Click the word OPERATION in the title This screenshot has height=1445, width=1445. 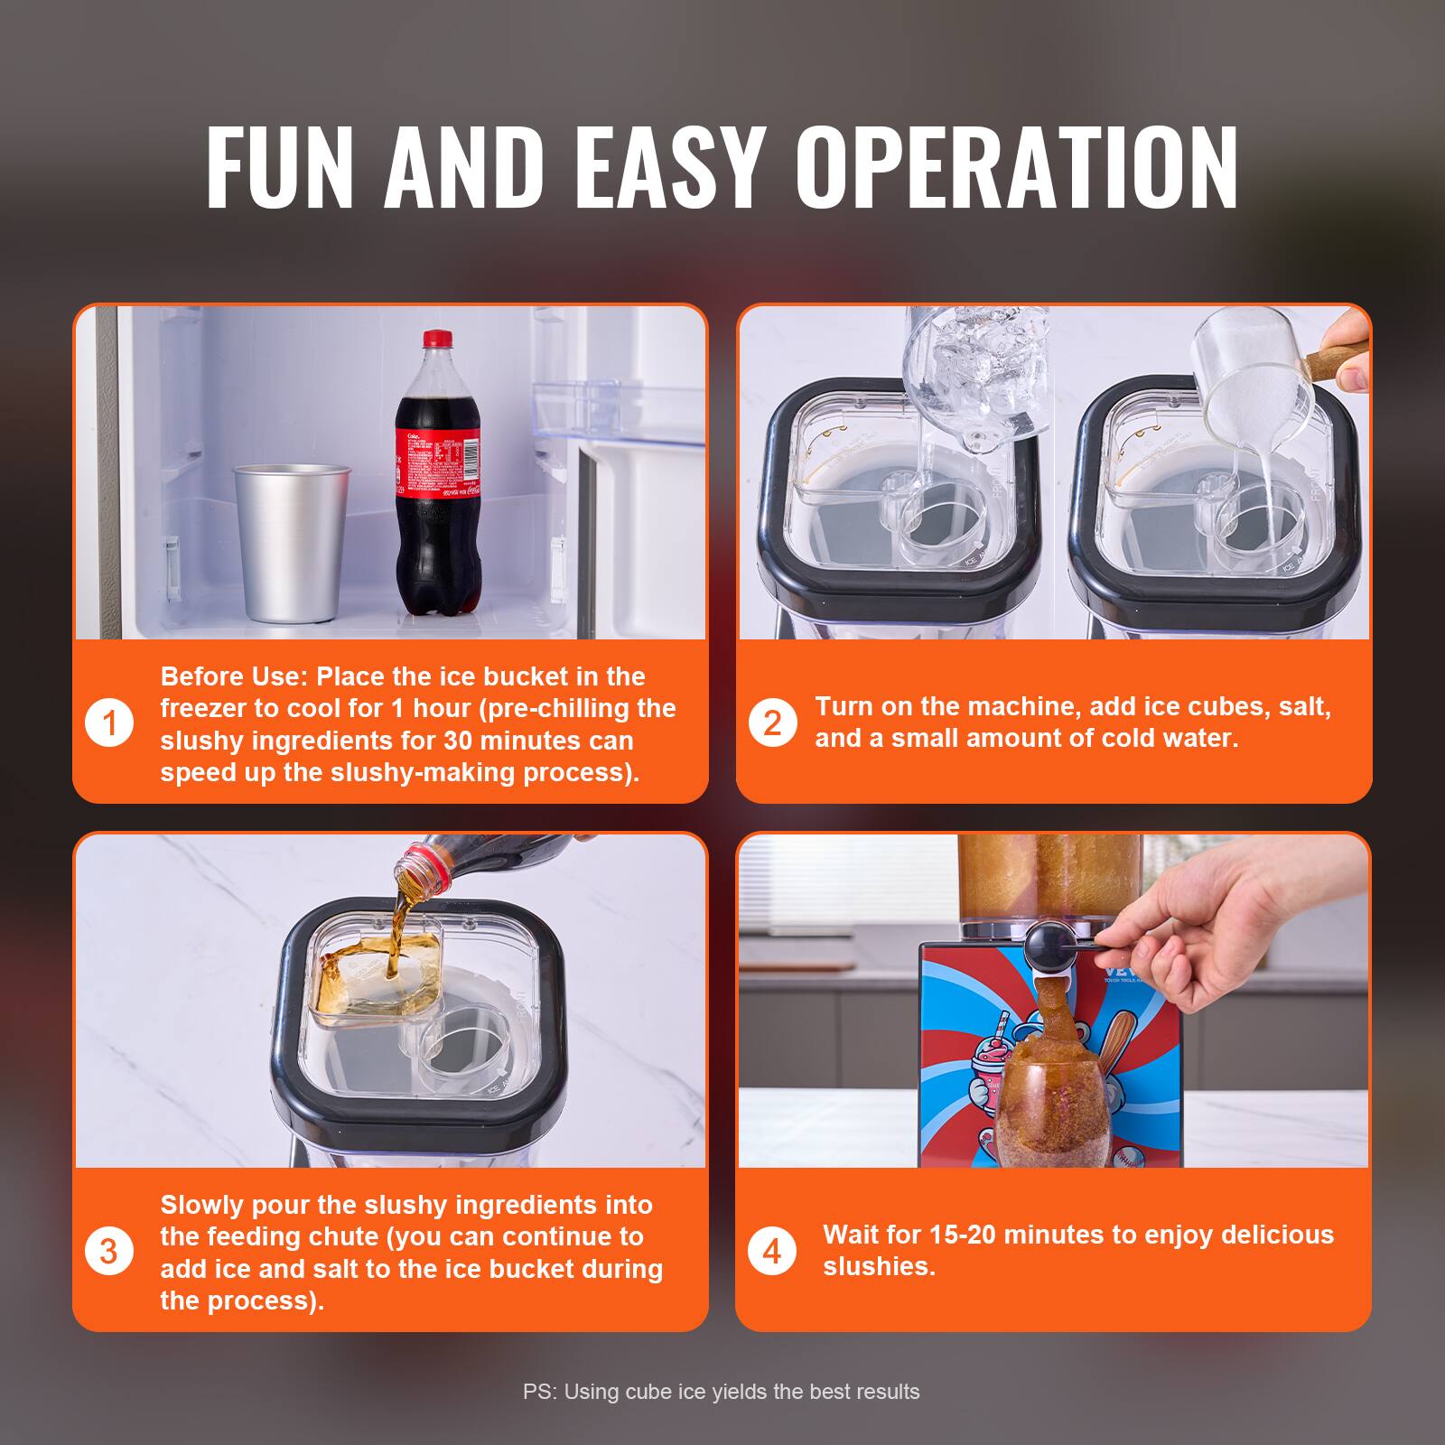point(1016,167)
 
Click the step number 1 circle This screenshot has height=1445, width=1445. point(109,723)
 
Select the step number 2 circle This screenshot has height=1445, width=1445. point(772,723)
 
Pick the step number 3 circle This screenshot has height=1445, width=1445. point(109,1252)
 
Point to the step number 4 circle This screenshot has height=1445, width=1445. point(772,1252)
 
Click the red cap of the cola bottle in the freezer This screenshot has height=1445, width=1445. point(437,340)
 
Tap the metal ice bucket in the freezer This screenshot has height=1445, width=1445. point(291,542)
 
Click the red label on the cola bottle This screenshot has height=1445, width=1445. point(437,461)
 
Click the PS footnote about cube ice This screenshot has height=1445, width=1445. point(721,1392)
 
